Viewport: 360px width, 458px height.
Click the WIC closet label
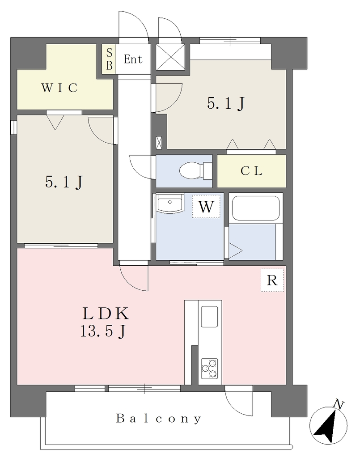point(59,88)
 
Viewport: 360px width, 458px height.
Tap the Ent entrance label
point(133,59)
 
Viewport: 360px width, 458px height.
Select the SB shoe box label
point(109,59)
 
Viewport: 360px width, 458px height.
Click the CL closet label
point(251,171)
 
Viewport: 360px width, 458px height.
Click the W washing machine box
point(206,206)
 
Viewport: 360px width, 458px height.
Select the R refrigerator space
point(272,280)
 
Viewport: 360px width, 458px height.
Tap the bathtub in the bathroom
point(256,208)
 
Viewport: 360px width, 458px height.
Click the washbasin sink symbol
point(170,202)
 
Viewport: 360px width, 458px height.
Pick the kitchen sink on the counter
point(209,317)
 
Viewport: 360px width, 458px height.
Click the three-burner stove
point(209,369)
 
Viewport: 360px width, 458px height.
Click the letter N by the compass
point(339,405)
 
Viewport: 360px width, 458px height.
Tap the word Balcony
point(159,419)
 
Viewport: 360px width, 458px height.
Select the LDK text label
point(106,314)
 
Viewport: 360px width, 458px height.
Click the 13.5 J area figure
point(103,331)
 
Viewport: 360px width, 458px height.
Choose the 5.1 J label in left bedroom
point(64,182)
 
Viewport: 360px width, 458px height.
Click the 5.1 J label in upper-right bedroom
point(226,103)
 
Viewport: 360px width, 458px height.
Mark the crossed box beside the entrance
point(170,57)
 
